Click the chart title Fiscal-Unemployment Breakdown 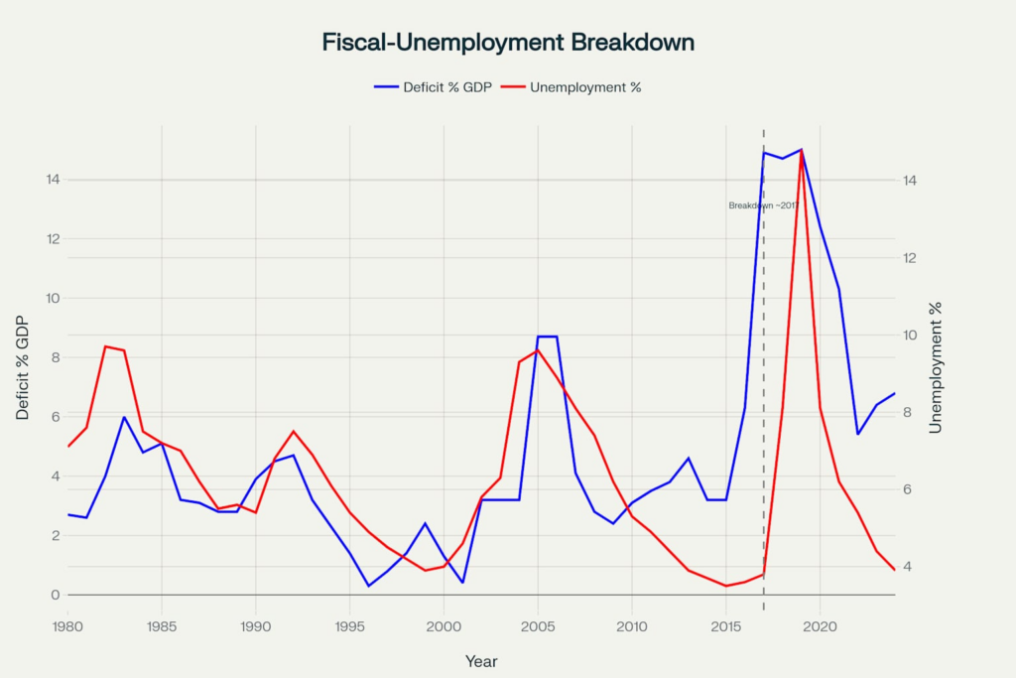pyautogui.click(x=508, y=43)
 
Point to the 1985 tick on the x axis pyautogui.click(x=162, y=626)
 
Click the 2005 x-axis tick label pyautogui.click(x=538, y=626)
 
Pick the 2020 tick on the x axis pyautogui.click(x=820, y=626)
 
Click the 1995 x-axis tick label pyautogui.click(x=349, y=626)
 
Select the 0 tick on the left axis pyautogui.click(x=55, y=595)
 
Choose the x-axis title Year pyautogui.click(x=481, y=661)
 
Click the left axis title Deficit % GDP pyautogui.click(x=23, y=369)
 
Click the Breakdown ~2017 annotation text pyautogui.click(x=762, y=205)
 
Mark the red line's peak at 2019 pyautogui.click(x=801, y=151)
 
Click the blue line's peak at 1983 pyautogui.click(x=124, y=417)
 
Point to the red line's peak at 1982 pyautogui.click(x=105, y=346)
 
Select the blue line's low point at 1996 pyautogui.click(x=368, y=586)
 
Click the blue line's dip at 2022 pyautogui.click(x=857, y=434)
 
